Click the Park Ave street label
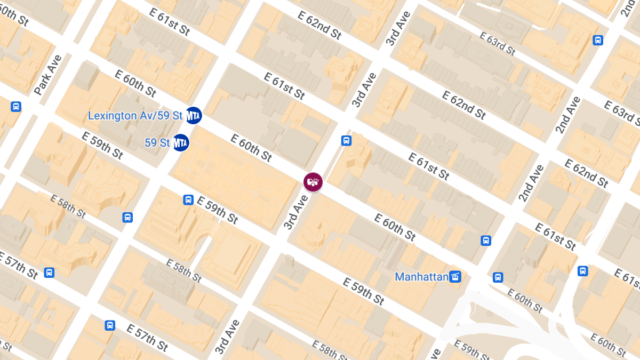coord(48,75)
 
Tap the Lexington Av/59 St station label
coord(135,116)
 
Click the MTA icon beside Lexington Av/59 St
coord(193,115)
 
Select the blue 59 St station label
coord(157,143)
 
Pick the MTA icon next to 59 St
coord(181,142)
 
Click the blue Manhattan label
coord(421,277)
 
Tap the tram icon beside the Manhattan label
coord(455,276)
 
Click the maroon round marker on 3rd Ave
coord(313,182)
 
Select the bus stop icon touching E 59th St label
coord(188,199)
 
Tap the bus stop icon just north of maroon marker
coord(346,141)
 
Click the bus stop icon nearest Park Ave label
coord(16,107)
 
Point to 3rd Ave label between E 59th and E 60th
coord(296,212)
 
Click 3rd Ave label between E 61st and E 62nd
coord(364,90)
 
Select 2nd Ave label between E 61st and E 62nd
coord(532,183)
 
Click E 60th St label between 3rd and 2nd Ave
coord(395,227)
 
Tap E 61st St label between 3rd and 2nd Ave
coord(429,166)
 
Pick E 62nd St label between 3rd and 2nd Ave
coord(464,105)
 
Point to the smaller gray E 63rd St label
coord(498,44)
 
